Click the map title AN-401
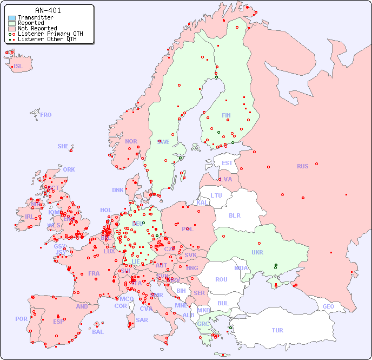48,10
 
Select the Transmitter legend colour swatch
12,18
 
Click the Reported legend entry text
31,23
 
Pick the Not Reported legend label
37,29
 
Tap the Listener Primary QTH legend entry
50,34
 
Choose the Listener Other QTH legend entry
46,39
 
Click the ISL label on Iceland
18,67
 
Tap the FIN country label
226,115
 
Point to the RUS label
302,166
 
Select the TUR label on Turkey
277,330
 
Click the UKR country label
257,252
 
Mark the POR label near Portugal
21,319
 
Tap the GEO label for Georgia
328,306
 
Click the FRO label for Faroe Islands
46,115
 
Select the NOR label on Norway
131,141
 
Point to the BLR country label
234,215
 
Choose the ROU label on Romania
221,279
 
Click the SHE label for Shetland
63,146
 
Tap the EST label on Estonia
227,163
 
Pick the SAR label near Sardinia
142,320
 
